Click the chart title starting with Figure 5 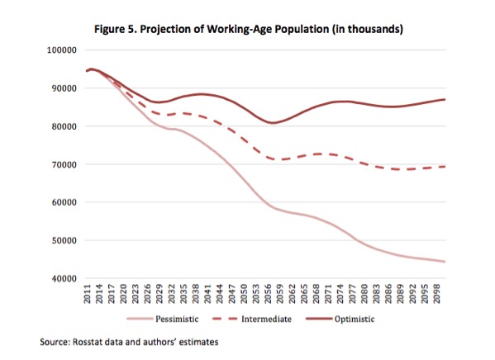click(249, 30)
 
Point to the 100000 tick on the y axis click(61, 50)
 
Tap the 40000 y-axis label click(64, 279)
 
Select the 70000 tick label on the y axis click(64, 164)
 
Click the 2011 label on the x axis click(88, 294)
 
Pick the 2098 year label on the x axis click(437, 294)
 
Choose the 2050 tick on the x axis click(244, 294)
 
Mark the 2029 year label click(159, 294)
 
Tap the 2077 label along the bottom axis click(353, 294)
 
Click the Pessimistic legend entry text click(177, 319)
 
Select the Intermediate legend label click(266, 319)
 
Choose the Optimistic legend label click(355, 319)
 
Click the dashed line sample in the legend click(225, 319)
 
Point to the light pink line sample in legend click(140, 319)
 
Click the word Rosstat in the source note click(87, 343)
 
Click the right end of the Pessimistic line click(445, 262)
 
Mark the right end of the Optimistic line click(445, 99)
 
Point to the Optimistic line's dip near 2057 click(272, 123)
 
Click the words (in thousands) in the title click(367, 30)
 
